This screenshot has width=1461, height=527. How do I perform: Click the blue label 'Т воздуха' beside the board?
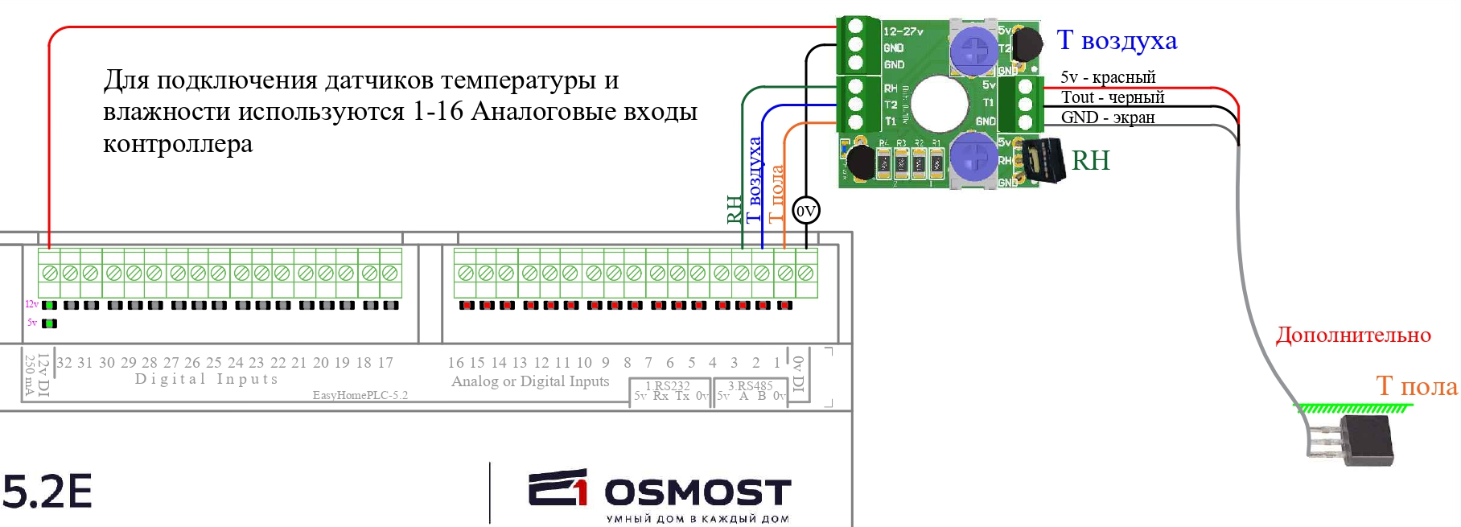click(x=1117, y=40)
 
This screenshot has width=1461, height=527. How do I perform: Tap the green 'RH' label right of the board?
click(x=1090, y=161)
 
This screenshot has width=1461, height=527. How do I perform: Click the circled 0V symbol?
click(x=805, y=211)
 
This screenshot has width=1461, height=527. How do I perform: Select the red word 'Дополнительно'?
click(x=1353, y=335)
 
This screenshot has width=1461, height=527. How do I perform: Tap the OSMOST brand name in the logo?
click(x=698, y=492)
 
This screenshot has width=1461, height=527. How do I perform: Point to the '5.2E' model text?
click(x=47, y=492)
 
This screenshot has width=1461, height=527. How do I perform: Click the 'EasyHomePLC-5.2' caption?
click(x=360, y=395)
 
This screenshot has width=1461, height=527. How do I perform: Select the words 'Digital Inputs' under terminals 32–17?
click(x=207, y=379)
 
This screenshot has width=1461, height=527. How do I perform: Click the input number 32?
click(x=64, y=363)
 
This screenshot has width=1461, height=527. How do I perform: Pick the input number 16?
click(x=455, y=363)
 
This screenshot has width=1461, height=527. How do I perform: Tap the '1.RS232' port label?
click(x=668, y=386)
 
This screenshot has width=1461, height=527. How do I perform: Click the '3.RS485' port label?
click(x=750, y=386)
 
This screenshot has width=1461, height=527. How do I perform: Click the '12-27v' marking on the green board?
click(x=903, y=31)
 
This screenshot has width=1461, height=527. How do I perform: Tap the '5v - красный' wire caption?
click(x=1108, y=77)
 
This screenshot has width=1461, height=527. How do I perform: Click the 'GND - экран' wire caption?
click(x=1108, y=117)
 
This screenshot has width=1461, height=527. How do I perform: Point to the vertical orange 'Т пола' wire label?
click(x=776, y=193)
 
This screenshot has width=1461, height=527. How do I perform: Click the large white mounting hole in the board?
click(x=940, y=103)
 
